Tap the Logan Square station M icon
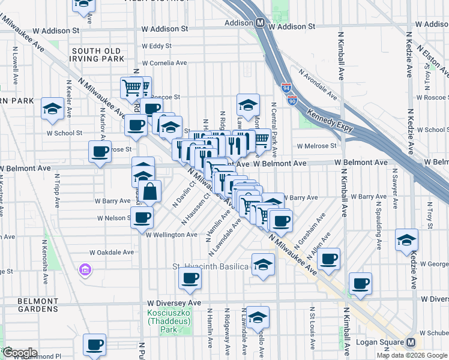coord(411,343)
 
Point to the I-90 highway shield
coord(292,101)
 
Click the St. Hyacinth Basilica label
coord(211,266)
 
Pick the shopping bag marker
coord(151,192)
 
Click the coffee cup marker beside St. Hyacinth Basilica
coord(190,277)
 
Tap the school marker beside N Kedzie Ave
coord(406,239)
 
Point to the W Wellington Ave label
coord(171,235)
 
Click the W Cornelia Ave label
coord(166,63)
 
